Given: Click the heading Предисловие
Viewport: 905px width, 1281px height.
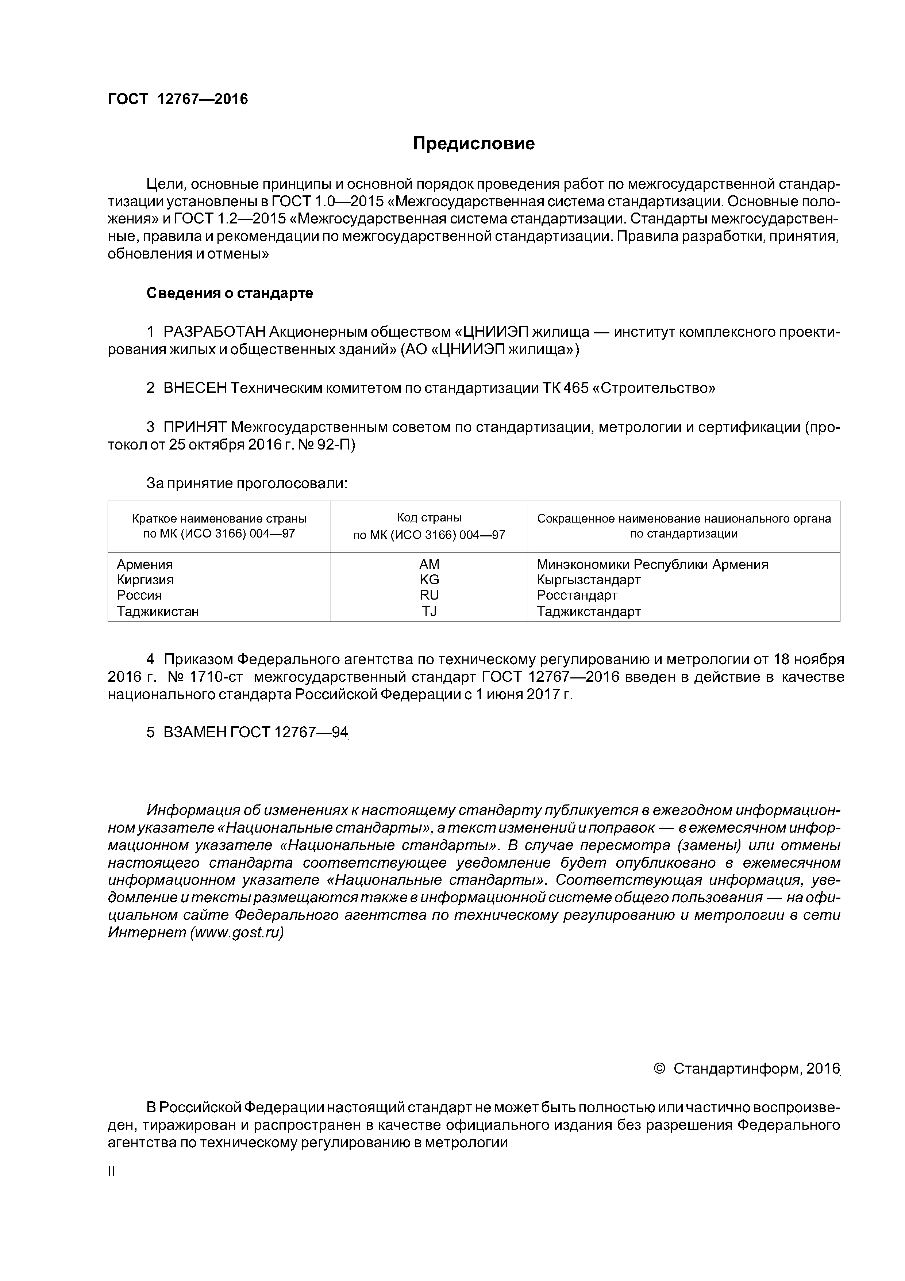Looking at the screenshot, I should pos(473,144).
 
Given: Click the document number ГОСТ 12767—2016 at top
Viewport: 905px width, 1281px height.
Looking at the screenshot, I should pos(178,99).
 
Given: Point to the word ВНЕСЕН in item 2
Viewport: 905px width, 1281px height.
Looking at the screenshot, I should pos(195,388).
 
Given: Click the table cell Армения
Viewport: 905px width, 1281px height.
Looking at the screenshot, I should pos(145,564).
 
